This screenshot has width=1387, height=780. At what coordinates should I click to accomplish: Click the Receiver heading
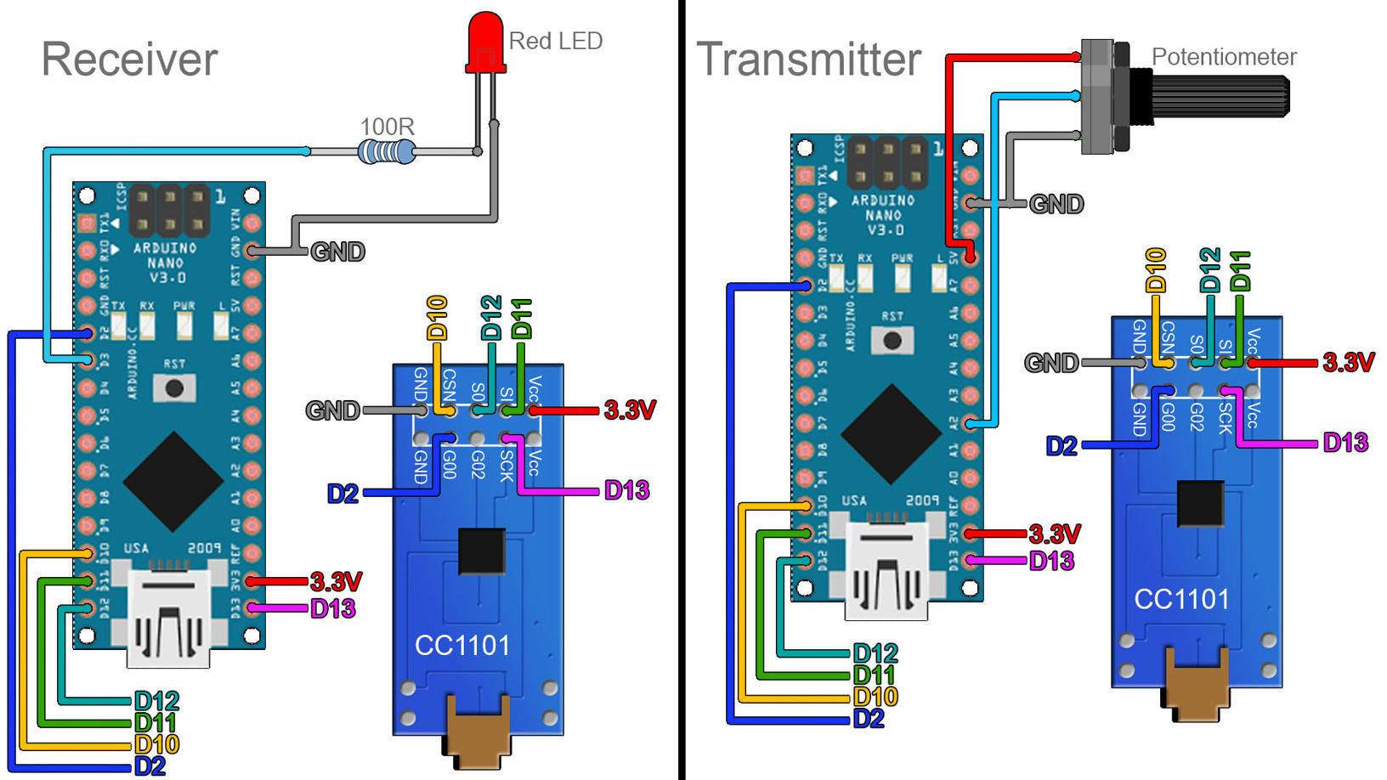129,59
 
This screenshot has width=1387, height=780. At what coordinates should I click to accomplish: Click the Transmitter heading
808,59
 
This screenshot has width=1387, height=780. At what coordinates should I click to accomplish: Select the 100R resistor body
386,152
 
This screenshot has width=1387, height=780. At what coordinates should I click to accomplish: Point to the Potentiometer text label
1223,57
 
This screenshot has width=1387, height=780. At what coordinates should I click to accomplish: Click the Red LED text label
555,41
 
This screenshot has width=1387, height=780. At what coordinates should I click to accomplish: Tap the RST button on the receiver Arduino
174,388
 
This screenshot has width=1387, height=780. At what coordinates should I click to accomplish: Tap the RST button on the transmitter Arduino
892,341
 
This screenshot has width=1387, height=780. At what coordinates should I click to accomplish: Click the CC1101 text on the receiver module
462,646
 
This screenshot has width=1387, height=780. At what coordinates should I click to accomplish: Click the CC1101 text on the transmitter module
1181,599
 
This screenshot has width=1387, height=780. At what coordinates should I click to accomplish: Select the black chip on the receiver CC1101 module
482,551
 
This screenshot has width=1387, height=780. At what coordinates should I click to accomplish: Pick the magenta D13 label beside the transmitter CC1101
1345,443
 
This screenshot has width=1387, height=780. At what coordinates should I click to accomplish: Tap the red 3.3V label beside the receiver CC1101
630,410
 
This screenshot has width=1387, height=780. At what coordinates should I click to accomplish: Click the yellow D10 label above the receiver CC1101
437,317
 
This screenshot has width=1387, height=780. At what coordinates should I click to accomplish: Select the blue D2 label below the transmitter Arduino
869,719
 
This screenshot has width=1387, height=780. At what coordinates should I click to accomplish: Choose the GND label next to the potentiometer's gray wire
1056,204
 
